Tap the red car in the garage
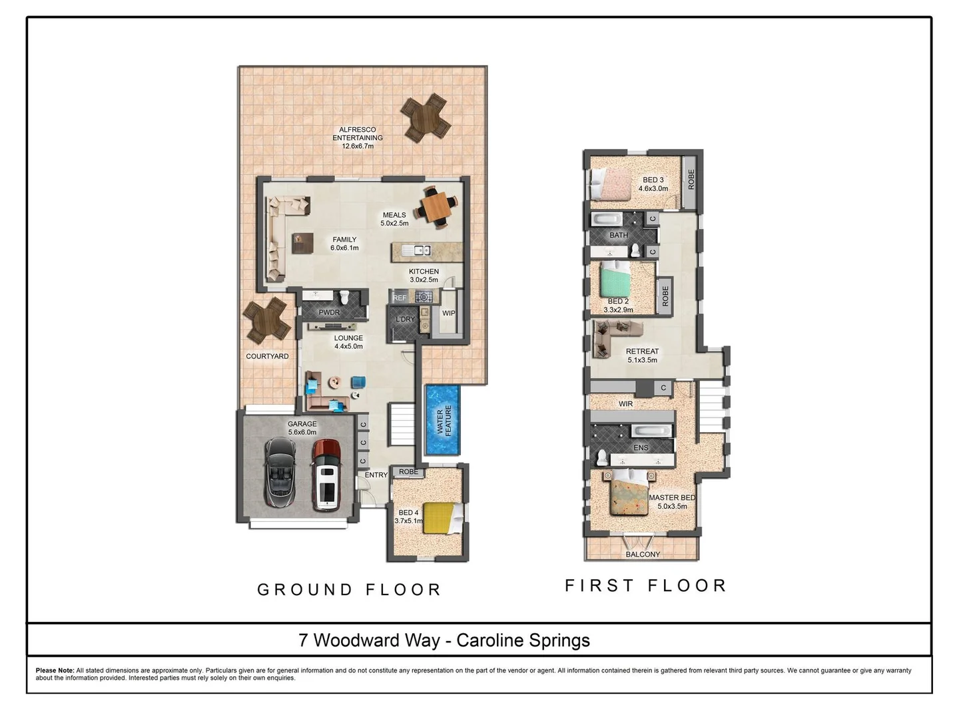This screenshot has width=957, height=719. [x=326, y=474]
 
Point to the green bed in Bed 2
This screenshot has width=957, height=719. [x=615, y=280]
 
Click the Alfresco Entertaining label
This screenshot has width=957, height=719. [x=358, y=138]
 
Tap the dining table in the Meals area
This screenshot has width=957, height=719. [x=436, y=208]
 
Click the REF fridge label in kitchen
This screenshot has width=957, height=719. [x=400, y=298]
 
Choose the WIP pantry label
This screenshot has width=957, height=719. [x=449, y=313]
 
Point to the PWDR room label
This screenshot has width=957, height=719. [x=329, y=312]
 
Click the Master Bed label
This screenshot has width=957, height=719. [x=672, y=497]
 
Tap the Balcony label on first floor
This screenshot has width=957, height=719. [x=643, y=554]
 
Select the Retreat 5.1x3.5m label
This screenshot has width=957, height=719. [x=642, y=356]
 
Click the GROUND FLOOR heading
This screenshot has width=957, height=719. [x=349, y=590]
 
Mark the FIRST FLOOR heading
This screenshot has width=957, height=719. [x=645, y=586]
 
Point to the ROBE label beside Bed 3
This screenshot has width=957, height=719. [x=691, y=179]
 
